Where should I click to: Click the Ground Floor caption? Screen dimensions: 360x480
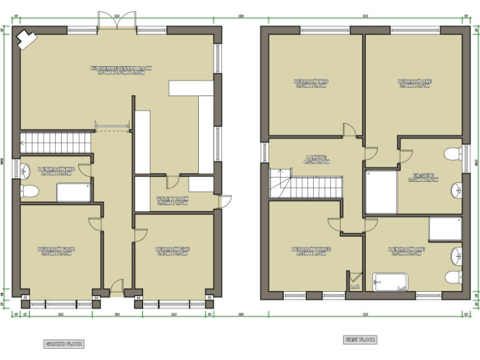pos(64,344)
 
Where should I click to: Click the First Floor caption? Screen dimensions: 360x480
pos(360,340)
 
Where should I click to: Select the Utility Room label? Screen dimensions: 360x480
pos(173,201)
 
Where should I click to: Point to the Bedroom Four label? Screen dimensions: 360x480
pos(57,251)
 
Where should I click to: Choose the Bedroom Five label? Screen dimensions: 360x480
pos(173,251)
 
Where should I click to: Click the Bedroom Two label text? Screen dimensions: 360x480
pos(311,84)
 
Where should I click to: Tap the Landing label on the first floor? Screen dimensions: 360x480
pos(317,159)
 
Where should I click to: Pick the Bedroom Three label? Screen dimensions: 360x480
pos(311,251)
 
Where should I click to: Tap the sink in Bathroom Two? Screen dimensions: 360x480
pos(25,170)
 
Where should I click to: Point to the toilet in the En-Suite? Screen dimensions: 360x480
pos(452,154)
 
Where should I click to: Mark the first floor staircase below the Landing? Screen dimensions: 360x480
pos(306,184)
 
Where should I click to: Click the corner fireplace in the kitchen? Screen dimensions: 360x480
pos(26,39)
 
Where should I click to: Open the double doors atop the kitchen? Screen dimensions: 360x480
pos(116,21)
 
